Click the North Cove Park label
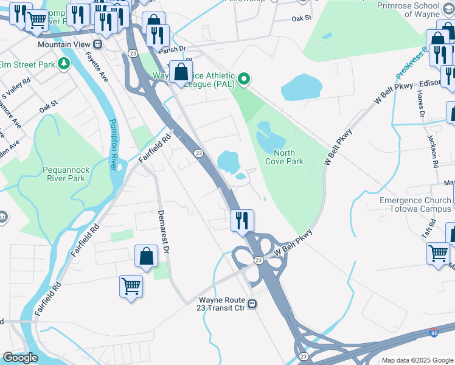(x=284, y=157)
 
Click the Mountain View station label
(x=63, y=44)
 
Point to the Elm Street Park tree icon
(x=63, y=64)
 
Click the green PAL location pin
(x=244, y=78)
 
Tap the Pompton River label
(x=113, y=144)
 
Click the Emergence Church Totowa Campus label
(x=416, y=204)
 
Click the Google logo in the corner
(x=20, y=358)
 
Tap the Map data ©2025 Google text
(x=417, y=360)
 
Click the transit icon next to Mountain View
(x=97, y=44)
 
